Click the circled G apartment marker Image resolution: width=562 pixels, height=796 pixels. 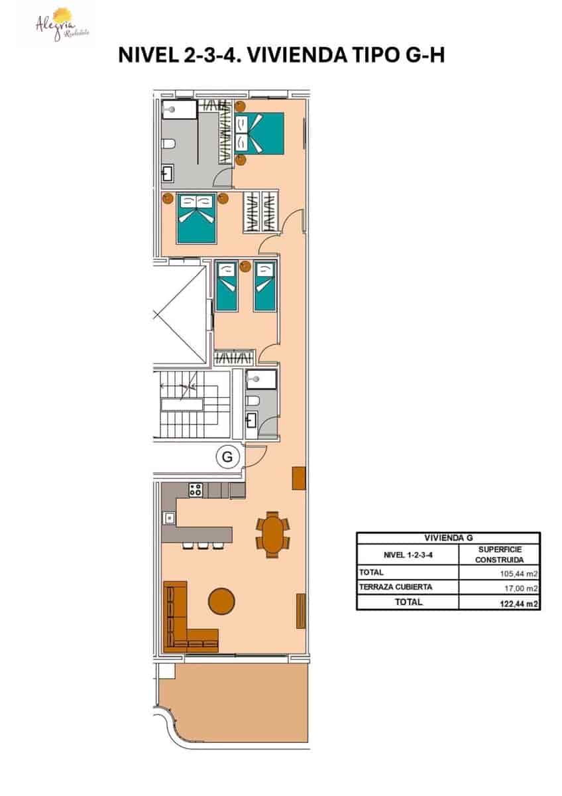point(227,457)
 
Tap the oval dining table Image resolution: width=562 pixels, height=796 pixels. point(273,533)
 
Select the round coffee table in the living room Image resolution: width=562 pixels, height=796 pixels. point(221,601)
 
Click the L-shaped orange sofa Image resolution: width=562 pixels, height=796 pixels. point(182,624)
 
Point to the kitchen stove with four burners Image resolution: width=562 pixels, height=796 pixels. point(196,490)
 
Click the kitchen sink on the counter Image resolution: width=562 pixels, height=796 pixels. point(170,517)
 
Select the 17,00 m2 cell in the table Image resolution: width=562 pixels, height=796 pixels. point(520,588)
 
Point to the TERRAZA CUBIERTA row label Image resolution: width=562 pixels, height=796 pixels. point(396,587)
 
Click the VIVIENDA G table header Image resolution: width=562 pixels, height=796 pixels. point(448,538)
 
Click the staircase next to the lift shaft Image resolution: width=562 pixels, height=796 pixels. point(191,405)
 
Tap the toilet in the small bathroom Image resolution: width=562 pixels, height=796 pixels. point(252,400)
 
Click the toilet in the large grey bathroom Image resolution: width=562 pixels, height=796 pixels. point(168,144)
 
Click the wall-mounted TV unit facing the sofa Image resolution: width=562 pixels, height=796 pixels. point(301,611)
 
